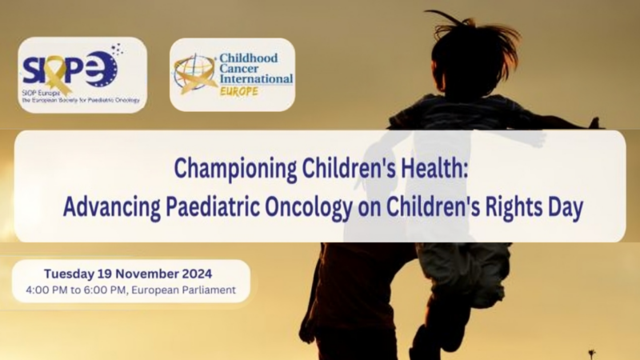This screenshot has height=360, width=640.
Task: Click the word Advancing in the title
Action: (102, 207)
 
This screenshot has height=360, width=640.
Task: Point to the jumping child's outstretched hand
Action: (592, 123)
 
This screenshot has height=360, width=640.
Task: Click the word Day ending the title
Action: (566, 207)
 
